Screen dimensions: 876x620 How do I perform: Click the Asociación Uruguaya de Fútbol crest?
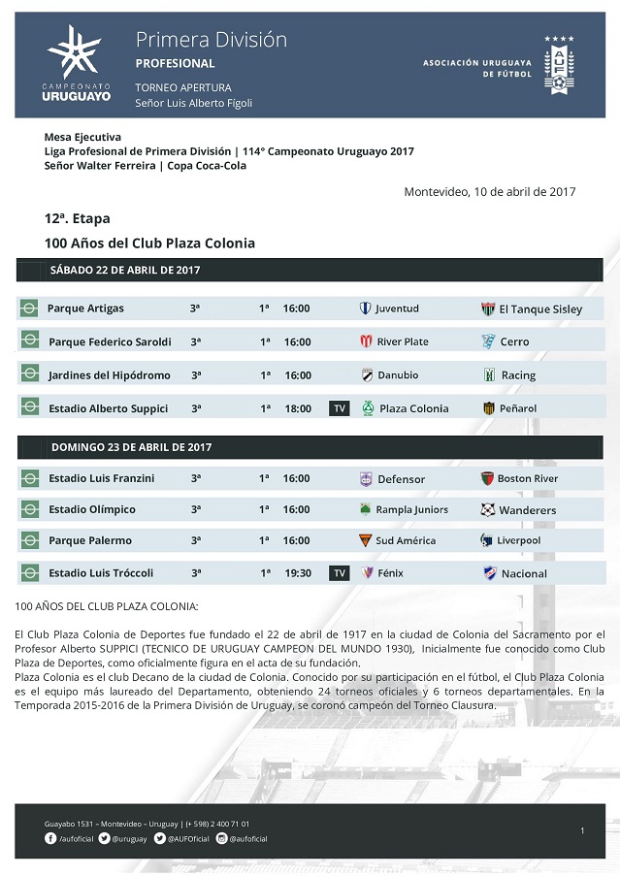pyautogui.click(x=559, y=65)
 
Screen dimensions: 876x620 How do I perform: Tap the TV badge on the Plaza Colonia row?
pyautogui.click(x=340, y=408)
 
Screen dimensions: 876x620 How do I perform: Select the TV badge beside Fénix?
pyautogui.click(x=340, y=573)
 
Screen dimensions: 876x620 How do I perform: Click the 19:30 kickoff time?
pyautogui.click(x=298, y=573)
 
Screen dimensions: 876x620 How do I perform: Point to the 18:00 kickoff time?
pyautogui.click(x=298, y=408)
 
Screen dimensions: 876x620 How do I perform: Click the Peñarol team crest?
pyautogui.click(x=489, y=408)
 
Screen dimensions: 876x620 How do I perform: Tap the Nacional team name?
pyautogui.click(x=525, y=573)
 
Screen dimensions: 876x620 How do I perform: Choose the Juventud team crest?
pyautogui.click(x=365, y=308)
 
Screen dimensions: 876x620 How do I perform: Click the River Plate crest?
pyautogui.click(x=366, y=341)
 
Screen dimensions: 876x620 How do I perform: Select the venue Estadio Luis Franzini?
pyautogui.click(x=102, y=478)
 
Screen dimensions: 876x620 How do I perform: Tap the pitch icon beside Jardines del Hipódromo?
pyautogui.click(x=29, y=375)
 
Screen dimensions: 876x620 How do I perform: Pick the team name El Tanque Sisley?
pyautogui.click(x=540, y=309)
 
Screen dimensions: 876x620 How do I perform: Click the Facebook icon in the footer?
pyautogui.click(x=50, y=838)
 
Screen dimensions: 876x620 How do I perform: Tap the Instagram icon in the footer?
pyautogui.click(x=221, y=838)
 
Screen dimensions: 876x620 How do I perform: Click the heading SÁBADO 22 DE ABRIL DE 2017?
pyautogui.click(x=125, y=270)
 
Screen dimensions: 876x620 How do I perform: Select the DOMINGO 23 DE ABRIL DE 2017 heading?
pyautogui.click(x=131, y=447)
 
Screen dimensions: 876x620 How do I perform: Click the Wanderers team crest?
pyautogui.click(x=488, y=509)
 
